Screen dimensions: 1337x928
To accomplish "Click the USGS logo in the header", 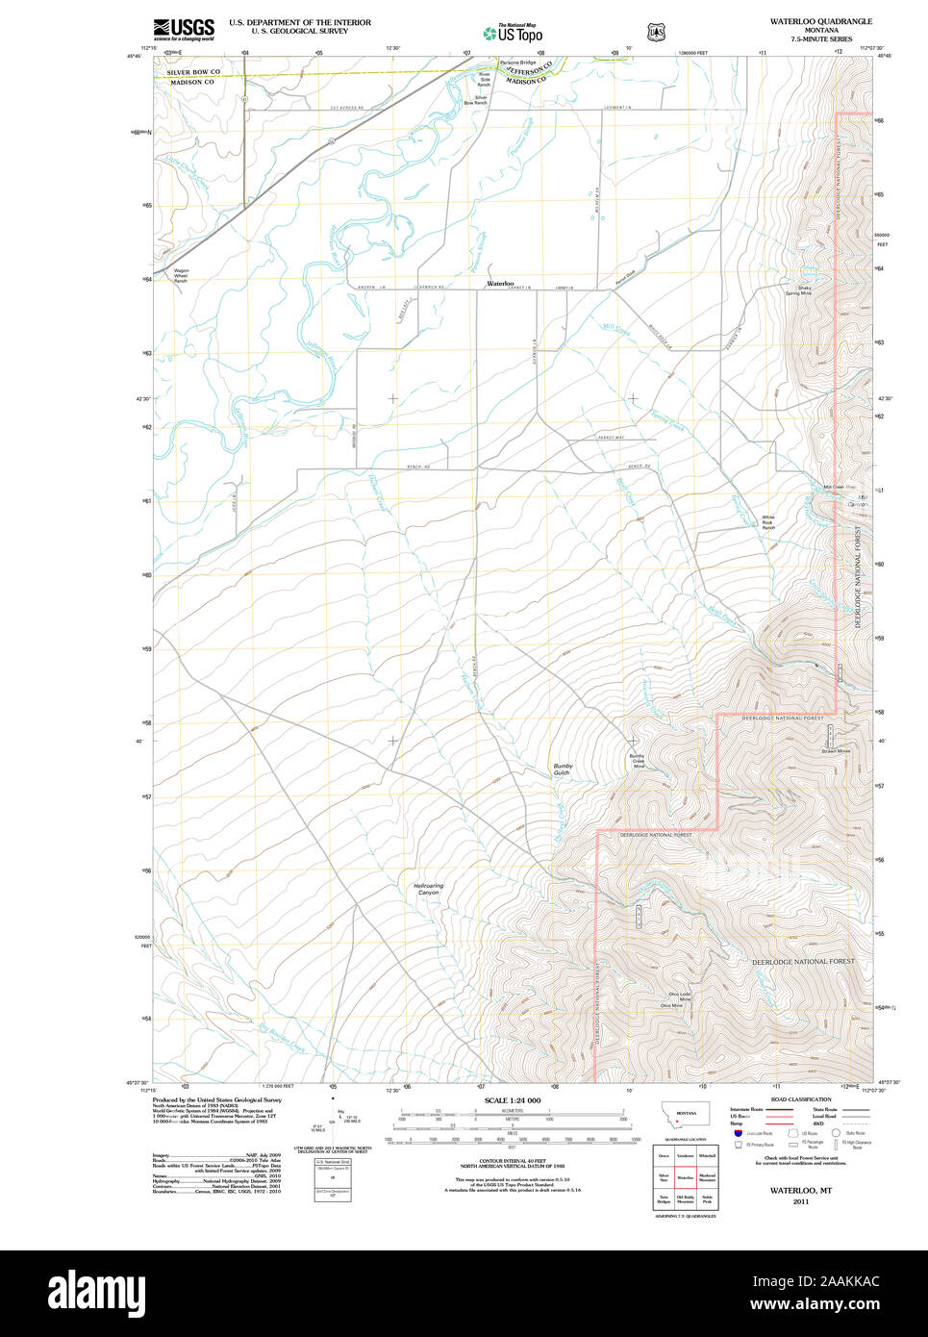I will point(184,29).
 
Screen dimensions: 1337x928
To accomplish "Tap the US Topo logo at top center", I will point(514,34).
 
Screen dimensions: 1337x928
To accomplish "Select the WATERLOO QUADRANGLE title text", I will point(820,21).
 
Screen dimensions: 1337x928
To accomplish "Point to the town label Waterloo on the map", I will point(500,284).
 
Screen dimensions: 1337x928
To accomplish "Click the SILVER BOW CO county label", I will point(193,72).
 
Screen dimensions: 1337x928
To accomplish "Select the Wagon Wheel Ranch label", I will point(181,275).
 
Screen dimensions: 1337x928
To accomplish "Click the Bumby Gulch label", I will point(562,769).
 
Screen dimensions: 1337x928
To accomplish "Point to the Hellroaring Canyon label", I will point(428,889).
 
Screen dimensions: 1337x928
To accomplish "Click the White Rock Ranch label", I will point(768,522).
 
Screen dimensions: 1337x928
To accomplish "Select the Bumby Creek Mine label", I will point(638,761).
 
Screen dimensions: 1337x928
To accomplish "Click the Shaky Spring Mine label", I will point(798,290).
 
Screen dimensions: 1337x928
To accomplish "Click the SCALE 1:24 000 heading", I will point(512,1100).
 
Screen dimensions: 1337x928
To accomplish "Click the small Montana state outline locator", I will point(685,1118).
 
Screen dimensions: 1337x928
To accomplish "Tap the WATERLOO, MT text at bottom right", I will point(800,1191).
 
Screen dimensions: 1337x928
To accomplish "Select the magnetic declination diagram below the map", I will point(332,1116).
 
